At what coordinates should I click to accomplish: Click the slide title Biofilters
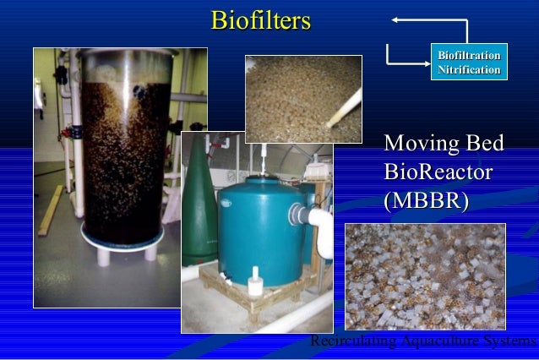tap(261, 20)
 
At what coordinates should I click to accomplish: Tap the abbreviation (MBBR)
tap(426, 202)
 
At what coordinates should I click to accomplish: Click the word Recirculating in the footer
tap(346, 341)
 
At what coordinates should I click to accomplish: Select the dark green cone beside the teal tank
tap(202, 203)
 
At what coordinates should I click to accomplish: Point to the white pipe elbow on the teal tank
tap(321, 220)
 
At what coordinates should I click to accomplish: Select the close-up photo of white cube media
tap(425, 275)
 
